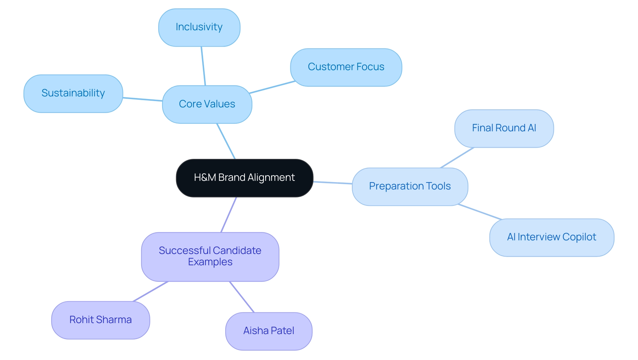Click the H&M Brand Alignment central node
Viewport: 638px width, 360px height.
pyautogui.click(x=245, y=178)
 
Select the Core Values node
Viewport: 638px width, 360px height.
pyautogui.click(x=207, y=104)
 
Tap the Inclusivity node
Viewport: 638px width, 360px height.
pyautogui.click(x=199, y=27)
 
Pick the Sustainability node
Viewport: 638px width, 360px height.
pyautogui.click(x=73, y=93)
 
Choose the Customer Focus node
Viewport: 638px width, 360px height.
pyautogui.click(x=346, y=67)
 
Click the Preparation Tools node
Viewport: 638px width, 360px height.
pyautogui.click(x=410, y=186)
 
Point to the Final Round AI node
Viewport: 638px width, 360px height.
pyautogui.click(x=504, y=128)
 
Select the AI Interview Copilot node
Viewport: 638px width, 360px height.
pyautogui.click(x=552, y=237)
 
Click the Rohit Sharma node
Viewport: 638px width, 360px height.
pyautogui.click(x=100, y=320)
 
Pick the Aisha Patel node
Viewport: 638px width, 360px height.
pyautogui.click(x=268, y=331)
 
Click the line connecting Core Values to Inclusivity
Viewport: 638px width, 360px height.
pyautogui.click(x=203, y=66)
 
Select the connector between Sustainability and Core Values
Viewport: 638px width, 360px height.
pyautogui.click(x=143, y=99)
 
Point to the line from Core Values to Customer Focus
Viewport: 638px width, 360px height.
pyautogui.click(x=272, y=87)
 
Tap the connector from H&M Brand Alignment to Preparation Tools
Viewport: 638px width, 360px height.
pyautogui.click(x=333, y=183)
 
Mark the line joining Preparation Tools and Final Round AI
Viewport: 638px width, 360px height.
pyautogui.click(x=457, y=158)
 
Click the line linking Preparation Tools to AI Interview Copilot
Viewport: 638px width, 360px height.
pyautogui.click(x=479, y=212)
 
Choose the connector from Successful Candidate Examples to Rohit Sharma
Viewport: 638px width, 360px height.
pyautogui.click(x=151, y=292)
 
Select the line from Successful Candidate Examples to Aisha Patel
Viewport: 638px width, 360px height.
pyautogui.click(x=242, y=297)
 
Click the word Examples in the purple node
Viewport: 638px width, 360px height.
pyautogui.click(x=210, y=262)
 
